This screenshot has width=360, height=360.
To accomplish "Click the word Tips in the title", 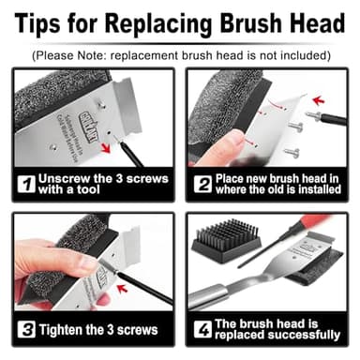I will [43, 22].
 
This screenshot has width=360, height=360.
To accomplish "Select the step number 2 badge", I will [202, 184].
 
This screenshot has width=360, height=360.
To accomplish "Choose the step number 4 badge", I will [202, 330].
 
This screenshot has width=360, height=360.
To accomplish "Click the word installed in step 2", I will [315, 190].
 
